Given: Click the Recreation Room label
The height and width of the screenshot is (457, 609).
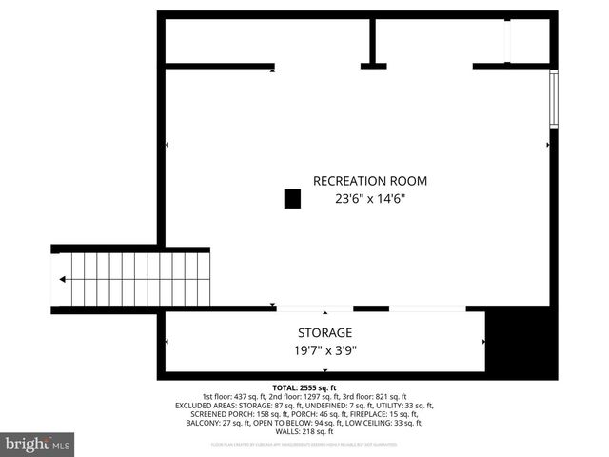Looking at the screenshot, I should (x=370, y=181).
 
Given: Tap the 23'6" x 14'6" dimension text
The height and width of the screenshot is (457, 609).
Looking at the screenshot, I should (x=370, y=200).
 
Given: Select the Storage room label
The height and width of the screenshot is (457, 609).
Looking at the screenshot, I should (x=324, y=333).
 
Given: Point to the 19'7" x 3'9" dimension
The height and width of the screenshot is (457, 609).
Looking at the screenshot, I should (x=324, y=350).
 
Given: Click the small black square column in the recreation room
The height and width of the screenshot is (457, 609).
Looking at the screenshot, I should (x=292, y=198).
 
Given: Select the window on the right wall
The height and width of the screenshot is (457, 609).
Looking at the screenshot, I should (x=552, y=99).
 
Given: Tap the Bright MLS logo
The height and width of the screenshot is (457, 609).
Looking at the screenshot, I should (x=38, y=445).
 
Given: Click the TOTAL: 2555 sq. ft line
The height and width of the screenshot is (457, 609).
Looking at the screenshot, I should (x=304, y=387).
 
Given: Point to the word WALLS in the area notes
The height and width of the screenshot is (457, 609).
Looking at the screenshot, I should (x=283, y=430).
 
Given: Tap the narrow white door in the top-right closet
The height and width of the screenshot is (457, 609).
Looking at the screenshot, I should (x=507, y=40).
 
